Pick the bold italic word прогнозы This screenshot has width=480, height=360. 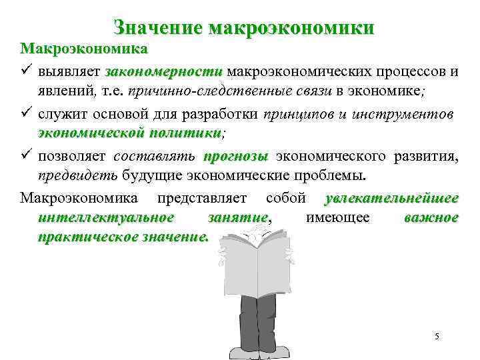click(234, 157)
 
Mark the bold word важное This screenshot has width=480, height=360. click(431, 218)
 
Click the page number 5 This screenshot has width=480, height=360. click(437, 336)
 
